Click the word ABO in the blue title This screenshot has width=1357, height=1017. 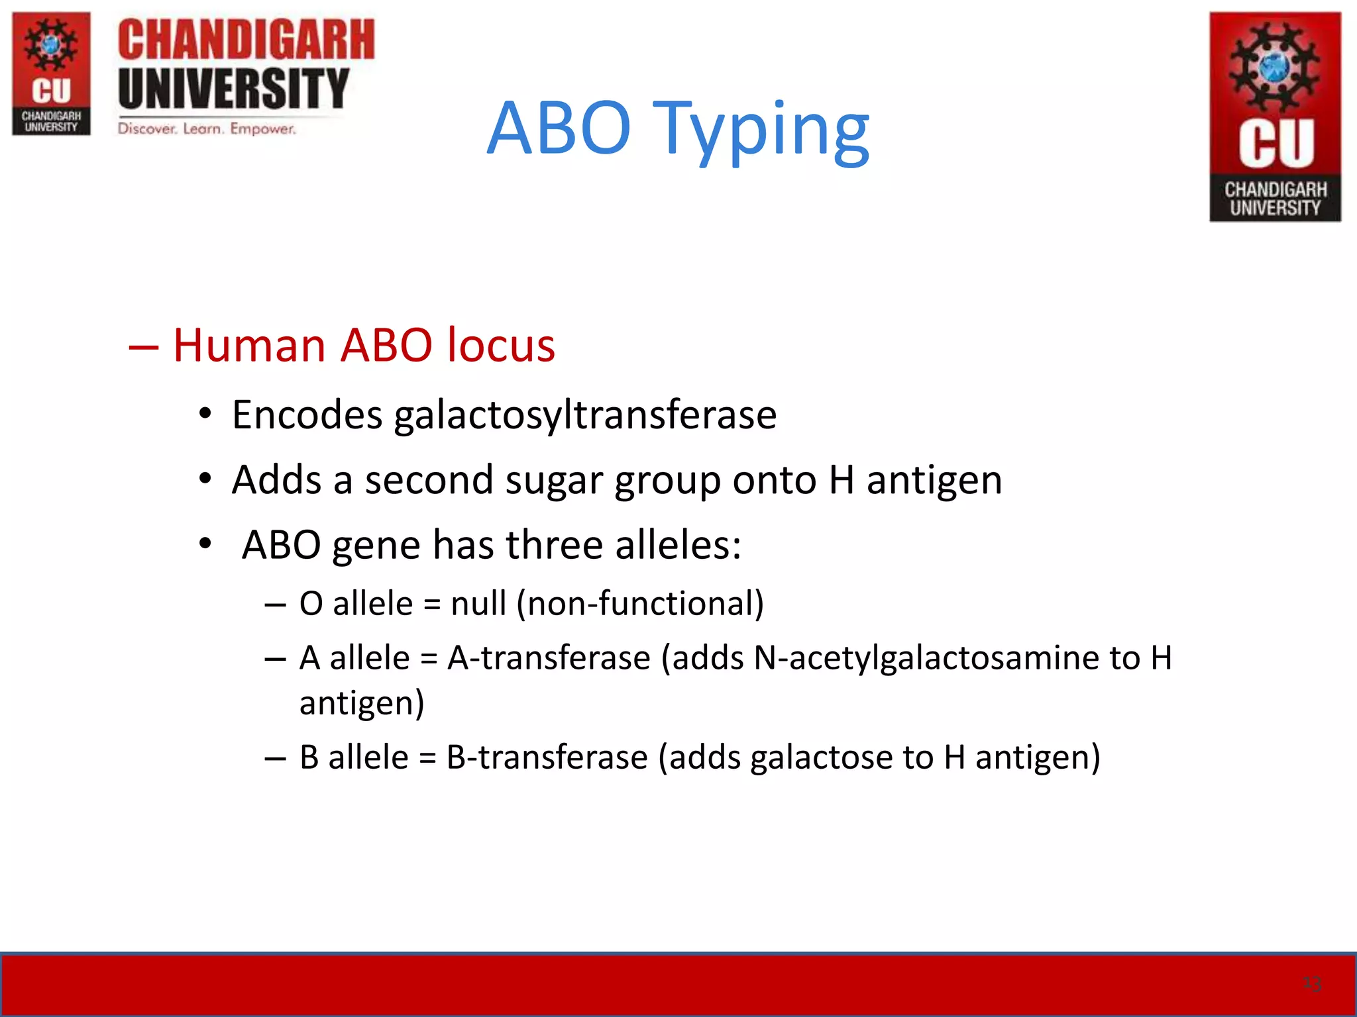(x=559, y=129)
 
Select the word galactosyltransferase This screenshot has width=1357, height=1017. (x=585, y=416)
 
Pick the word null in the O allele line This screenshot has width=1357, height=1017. (x=478, y=603)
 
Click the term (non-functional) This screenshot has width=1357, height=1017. (x=640, y=603)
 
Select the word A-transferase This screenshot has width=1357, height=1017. (x=549, y=658)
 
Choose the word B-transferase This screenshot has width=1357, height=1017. (x=547, y=757)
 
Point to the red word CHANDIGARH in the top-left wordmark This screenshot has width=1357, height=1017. (x=246, y=40)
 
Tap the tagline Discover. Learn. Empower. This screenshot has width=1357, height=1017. (x=207, y=128)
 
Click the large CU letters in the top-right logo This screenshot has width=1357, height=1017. (x=1276, y=144)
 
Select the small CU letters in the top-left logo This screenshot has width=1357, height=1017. (x=51, y=91)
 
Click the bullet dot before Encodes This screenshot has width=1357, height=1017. (x=205, y=414)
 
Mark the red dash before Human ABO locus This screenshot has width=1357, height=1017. (x=144, y=346)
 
